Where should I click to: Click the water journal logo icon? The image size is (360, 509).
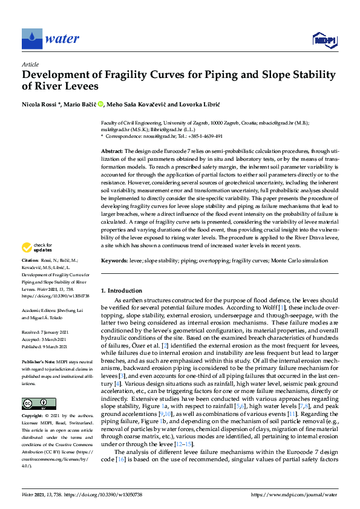[x=31, y=39]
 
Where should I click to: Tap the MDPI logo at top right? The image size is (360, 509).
[x=324, y=40]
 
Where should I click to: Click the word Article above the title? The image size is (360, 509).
[x=30, y=64]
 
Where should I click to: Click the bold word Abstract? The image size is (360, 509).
[x=112, y=150]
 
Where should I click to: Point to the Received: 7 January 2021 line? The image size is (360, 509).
[x=51, y=332]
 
